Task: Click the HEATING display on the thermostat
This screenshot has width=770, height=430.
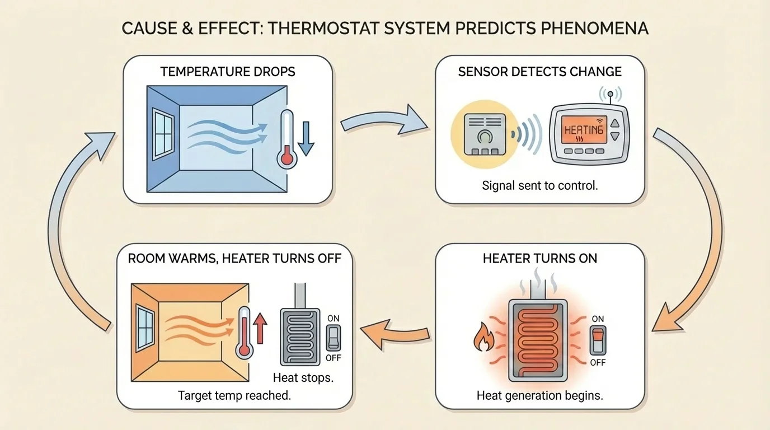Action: [583, 130]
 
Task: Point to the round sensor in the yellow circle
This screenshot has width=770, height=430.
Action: [485, 136]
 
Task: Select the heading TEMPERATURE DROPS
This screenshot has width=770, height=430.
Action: [228, 72]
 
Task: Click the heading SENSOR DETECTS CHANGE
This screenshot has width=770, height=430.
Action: [539, 72]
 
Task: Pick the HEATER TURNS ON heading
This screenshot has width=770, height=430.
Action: [539, 258]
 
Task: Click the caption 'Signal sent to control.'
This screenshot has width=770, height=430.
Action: [539, 185]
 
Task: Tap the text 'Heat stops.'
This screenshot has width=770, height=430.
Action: [303, 377]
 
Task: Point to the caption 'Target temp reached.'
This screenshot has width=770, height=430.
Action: [234, 395]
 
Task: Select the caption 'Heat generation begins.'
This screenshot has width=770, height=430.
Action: [539, 395]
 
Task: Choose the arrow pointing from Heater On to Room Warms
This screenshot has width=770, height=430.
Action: [395, 334]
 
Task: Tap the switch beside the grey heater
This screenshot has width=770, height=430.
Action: [333, 338]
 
